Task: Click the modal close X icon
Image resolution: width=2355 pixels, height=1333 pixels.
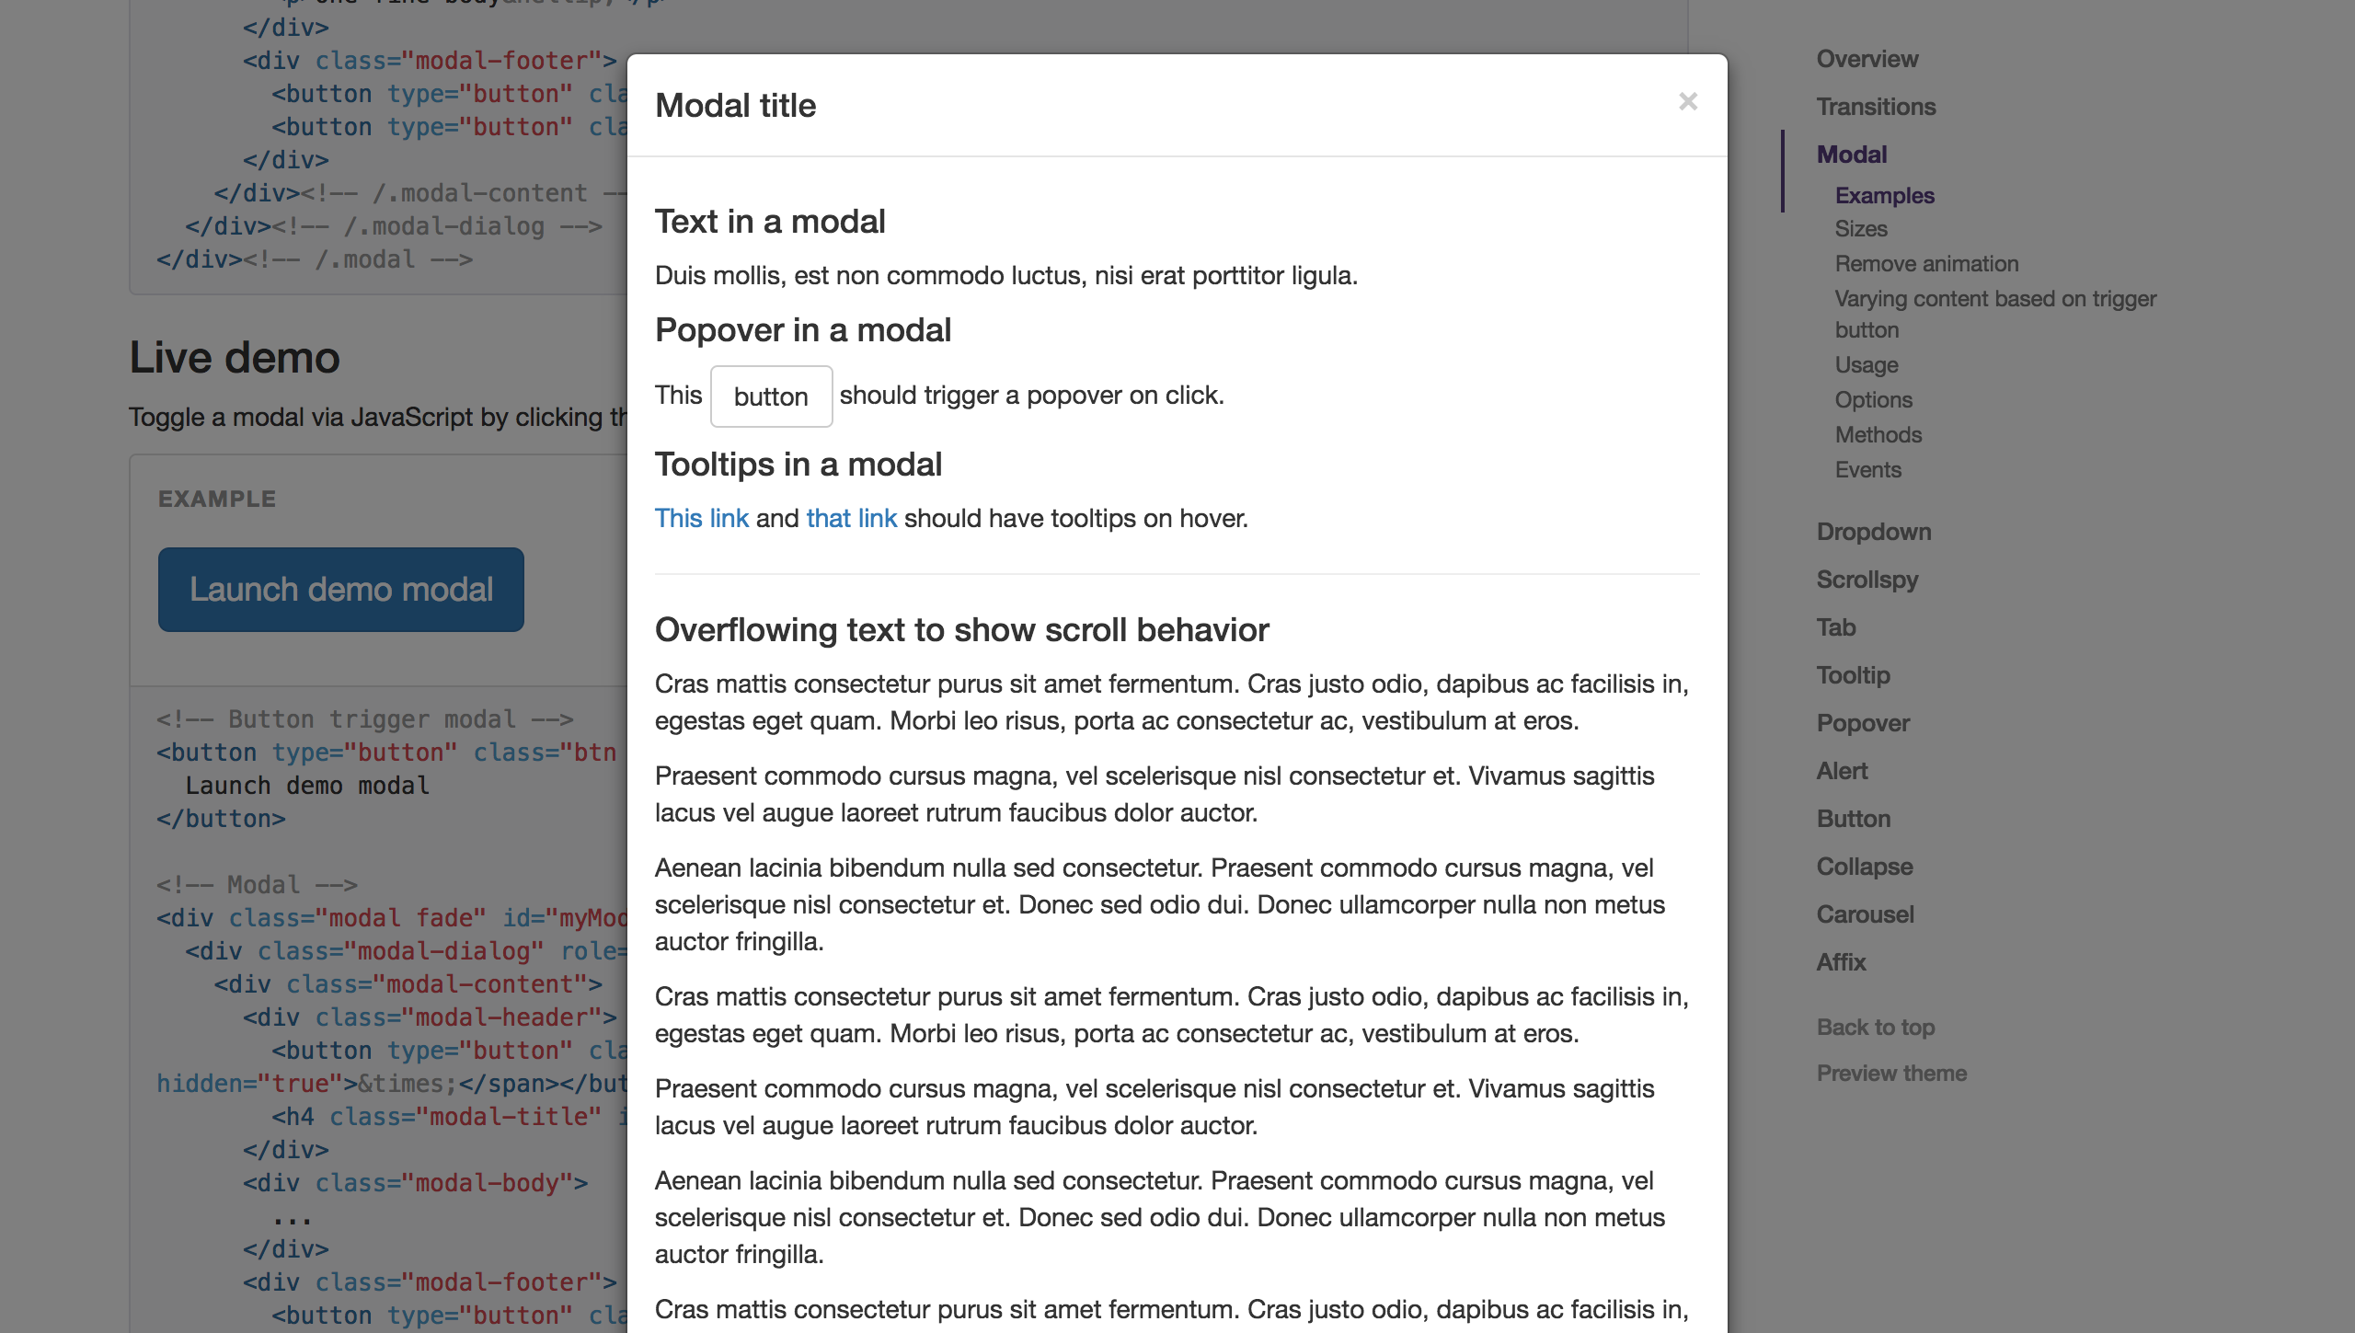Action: click(1687, 101)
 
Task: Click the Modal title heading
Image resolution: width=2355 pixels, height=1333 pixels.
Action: click(735, 106)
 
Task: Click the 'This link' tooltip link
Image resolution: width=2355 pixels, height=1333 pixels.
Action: click(701, 518)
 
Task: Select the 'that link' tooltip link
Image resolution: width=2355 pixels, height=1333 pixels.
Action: click(851, 518)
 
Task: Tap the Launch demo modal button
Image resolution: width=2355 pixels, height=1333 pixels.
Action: click(340, 590)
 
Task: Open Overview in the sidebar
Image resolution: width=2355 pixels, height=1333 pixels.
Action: click(1867, 59)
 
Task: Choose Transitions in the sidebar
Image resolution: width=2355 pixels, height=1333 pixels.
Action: click(1876, 107)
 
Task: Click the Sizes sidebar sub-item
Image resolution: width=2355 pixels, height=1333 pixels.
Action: click(1860, 229)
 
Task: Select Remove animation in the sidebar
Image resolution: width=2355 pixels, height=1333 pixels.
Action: click(1926, 264)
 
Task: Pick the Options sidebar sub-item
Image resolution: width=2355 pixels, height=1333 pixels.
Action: click(1873, 400)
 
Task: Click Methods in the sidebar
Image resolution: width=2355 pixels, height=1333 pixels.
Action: click(1878, 435)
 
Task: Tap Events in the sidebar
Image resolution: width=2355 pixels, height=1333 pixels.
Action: click(1867, 470)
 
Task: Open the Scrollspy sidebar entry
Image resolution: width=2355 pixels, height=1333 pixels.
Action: click(1867, 580)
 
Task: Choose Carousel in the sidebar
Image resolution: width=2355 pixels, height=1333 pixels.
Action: click(1865, 914)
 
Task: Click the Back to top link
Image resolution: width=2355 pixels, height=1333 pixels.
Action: click(1875, 1027)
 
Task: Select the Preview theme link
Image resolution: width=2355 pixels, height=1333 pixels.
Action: click(1890, 1073)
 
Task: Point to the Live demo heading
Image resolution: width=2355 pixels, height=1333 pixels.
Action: click(235, 358)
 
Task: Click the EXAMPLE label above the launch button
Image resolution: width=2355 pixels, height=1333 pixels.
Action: click(216, 499)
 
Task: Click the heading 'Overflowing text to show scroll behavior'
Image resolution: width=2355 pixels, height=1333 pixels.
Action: click(961, 630)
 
